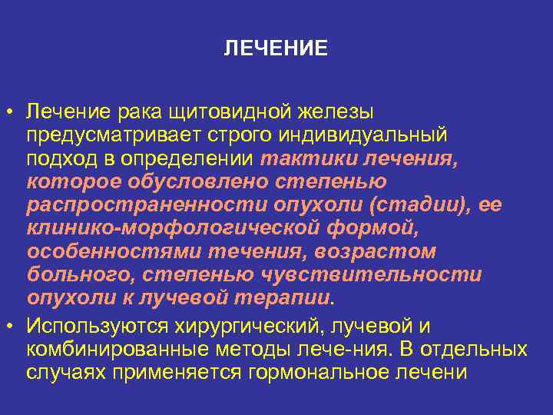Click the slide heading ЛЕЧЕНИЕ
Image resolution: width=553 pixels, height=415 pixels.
pos(276,49)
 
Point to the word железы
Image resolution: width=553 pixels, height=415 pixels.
pos(336,113)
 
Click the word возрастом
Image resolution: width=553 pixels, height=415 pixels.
pos(372,251)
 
